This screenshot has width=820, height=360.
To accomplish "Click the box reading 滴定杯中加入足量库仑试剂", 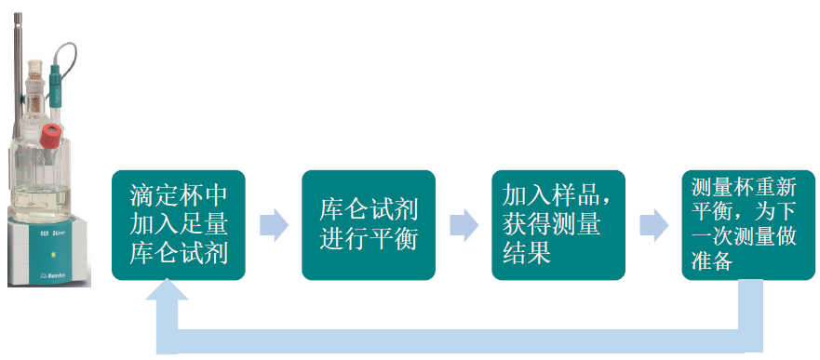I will click(179, 224).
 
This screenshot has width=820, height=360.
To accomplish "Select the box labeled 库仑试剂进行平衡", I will click(369, 224).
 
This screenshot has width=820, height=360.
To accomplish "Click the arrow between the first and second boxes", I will click(274, 225).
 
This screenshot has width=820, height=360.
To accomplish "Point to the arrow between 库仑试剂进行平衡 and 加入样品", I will click(464, 225).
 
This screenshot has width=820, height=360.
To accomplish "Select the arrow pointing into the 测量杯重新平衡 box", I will click(653, 225).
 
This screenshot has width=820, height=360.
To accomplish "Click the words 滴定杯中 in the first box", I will click(179, 197).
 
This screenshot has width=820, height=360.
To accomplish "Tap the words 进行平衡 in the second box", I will click(369, 238).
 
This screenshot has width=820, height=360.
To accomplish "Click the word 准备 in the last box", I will click(715, 263).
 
